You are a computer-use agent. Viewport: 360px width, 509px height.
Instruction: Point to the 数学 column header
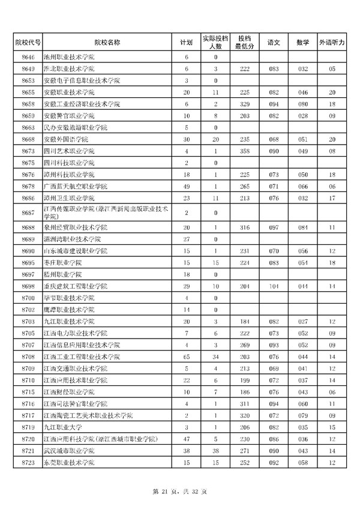tap(302, 43)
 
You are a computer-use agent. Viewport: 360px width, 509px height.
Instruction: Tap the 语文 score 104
tap(274, 286)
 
